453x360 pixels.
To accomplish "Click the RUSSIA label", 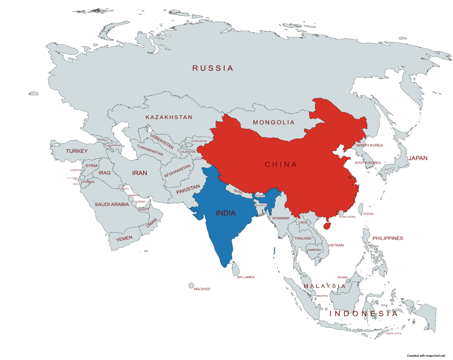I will point(213,68).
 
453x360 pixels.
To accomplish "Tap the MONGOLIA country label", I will point(274,122).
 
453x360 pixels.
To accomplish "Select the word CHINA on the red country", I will point(281,164).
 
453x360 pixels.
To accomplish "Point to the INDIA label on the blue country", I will point(226,213).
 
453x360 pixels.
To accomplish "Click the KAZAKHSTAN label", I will point(169,117).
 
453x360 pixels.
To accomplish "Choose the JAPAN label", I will point(418,158).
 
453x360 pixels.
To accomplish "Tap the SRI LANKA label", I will point(246,277).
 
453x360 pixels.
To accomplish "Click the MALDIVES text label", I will point(202,289).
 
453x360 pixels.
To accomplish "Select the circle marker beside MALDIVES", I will point(191,285).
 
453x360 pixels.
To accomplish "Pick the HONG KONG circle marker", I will point(341,213).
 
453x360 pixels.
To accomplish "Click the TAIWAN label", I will point(368,214).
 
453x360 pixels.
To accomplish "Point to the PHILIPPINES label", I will point(388,238).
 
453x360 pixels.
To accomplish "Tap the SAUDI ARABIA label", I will point(112,204).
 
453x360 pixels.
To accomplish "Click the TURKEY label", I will point(77,151).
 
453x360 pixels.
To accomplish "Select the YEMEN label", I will point(124,239).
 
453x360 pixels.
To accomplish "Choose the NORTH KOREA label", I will point(369,145).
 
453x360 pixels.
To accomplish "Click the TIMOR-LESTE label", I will point(394,333).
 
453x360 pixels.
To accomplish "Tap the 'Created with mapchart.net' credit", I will point(426,356).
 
